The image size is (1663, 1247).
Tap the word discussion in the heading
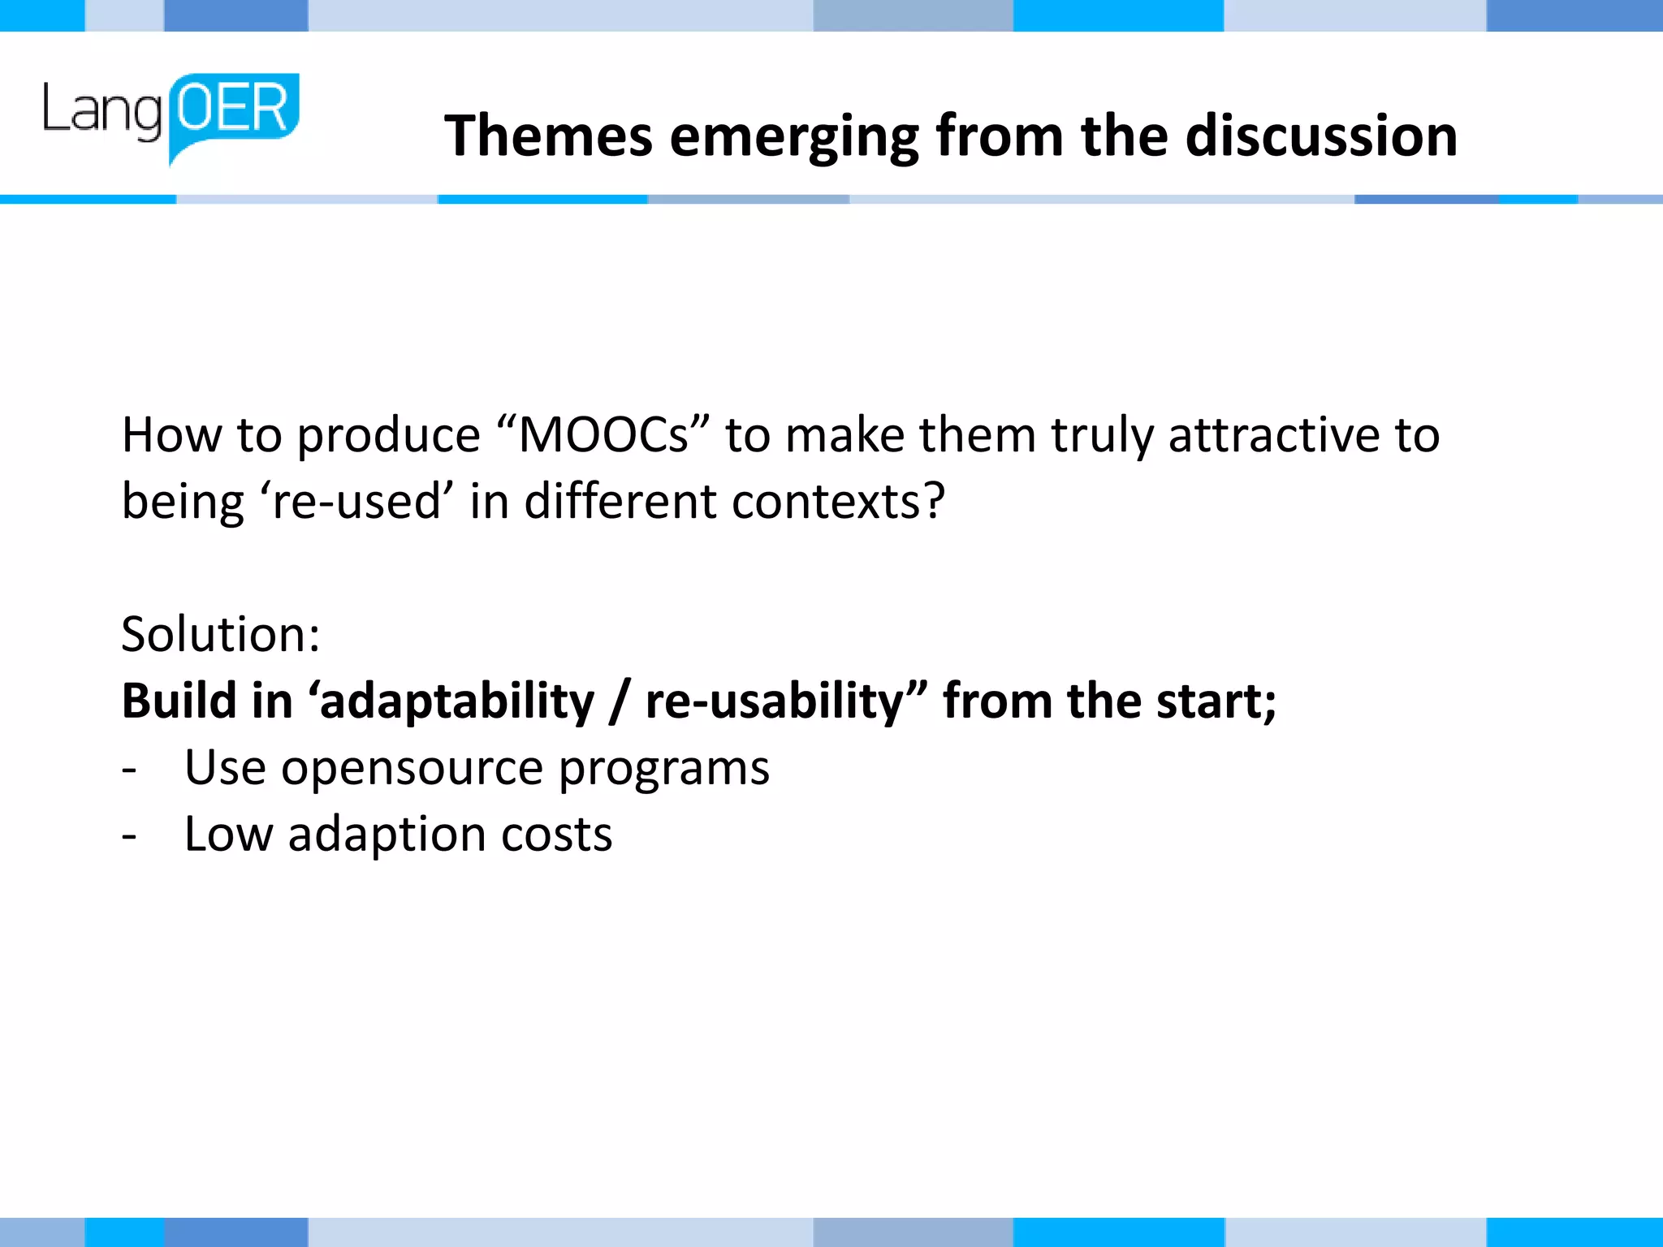[1321, 136]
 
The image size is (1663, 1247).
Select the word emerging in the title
[794, 137]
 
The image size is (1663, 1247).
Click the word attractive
[1273, 435]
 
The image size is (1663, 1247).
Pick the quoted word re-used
[356, 502]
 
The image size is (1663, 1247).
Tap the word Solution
[214, 634]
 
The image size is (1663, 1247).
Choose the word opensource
[412, 769]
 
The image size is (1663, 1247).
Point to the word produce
[388, 437]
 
